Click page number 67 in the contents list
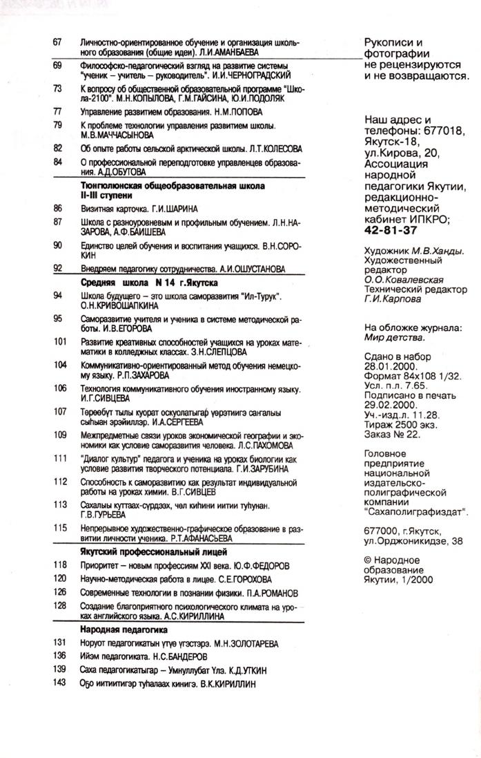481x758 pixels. pos(58,42)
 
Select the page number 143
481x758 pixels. pos(59,683)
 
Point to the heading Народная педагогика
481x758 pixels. pos(124,630)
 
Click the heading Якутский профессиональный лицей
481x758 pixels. pos(154,551)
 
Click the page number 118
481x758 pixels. pos(60,565)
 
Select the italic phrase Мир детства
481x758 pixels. pos(392,338)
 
